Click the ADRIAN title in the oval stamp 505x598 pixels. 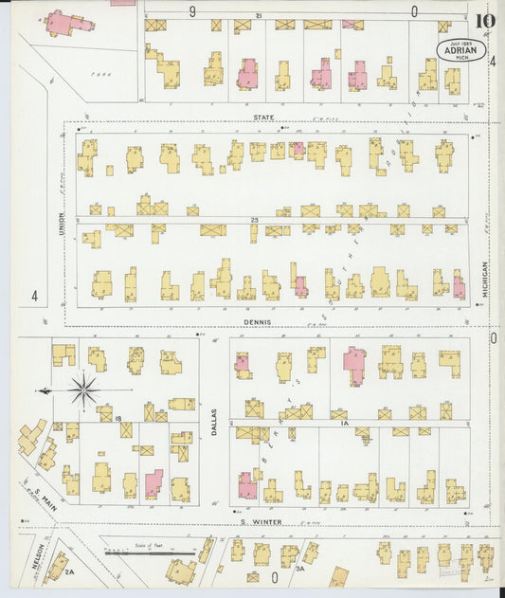[461, 50]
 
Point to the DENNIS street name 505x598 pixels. [257, 321]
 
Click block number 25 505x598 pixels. [255, 220]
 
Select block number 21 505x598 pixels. [259, 16]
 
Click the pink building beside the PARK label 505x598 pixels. [64, 23]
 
